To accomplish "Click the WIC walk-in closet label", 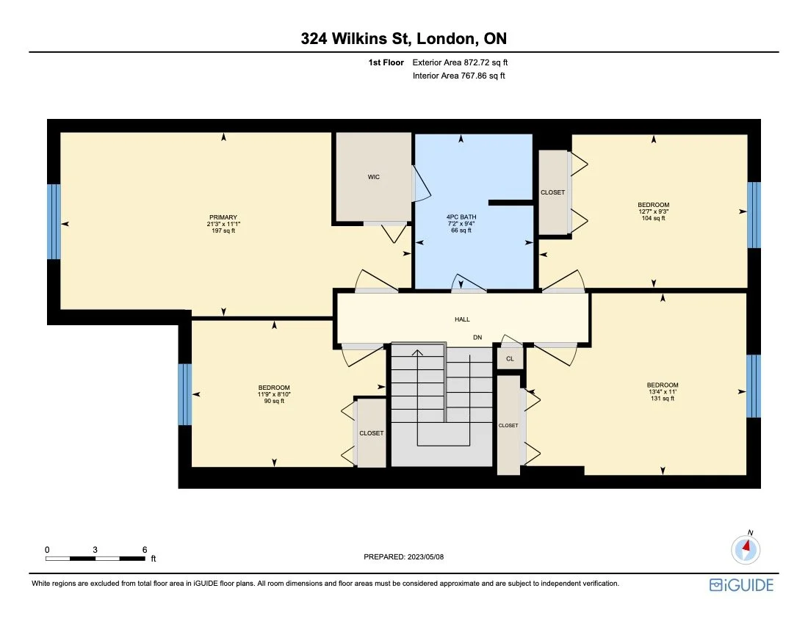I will [x=374, y=177].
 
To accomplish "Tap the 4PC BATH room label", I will [x=461, y=217].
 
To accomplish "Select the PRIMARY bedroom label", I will [x=223, y=217].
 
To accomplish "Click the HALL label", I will [x=462, y=319].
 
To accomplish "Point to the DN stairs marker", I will [x=477, y=338].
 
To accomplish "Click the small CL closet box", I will [x=510, y=359].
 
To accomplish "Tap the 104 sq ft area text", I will [x=653, y=218].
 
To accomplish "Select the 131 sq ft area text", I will [x=662, y=399].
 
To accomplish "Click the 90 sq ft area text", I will [x=274, y=401].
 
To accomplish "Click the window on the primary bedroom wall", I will [x=54, y=222].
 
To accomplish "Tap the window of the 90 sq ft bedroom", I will [x=185, y=394].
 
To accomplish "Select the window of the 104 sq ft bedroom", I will [x=754, y=215].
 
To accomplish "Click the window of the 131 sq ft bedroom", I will [x=754, y=386].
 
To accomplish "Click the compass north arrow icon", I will [x=746, y=548].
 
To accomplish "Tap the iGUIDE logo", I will [x=741, y=585].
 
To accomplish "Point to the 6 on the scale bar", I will [x=145, y=549].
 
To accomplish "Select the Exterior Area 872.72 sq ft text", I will [x=460, y=63].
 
